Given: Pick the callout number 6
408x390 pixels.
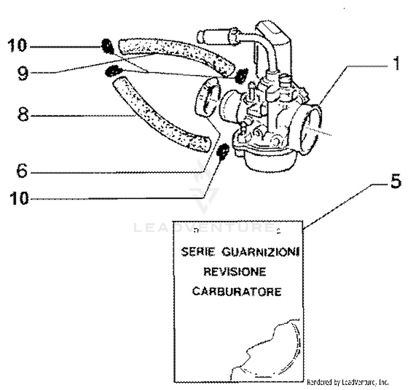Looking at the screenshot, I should point(22,172).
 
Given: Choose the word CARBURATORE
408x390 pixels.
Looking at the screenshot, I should point(237,291).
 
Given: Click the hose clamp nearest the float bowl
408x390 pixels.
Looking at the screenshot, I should point(222,153).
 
